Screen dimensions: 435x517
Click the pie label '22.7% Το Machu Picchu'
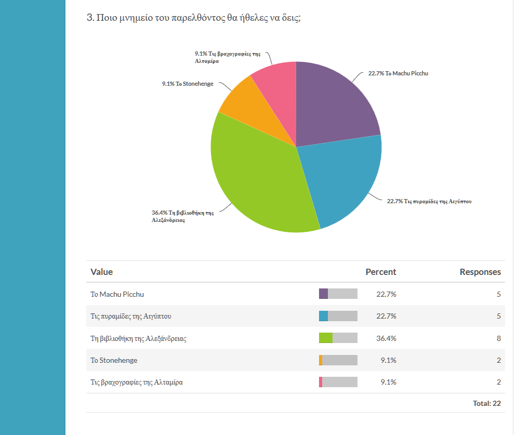click(398, 73)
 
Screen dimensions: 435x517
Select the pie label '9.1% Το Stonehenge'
click(188, 84)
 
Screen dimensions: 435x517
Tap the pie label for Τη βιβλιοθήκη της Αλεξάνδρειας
click(183, 216)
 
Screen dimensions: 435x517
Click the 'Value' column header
click(101, 272)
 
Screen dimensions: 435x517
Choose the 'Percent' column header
click(380, 272)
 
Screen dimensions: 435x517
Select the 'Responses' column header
click(480, 272)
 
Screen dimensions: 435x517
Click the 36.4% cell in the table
click(386, 338)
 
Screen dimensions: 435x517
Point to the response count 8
click(498, 338)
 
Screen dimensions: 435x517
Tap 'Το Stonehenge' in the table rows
click(114, 360)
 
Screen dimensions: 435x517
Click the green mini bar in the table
click(325, 338)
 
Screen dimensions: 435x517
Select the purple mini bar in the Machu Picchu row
click(323, 294)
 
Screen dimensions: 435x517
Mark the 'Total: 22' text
click(487, 403)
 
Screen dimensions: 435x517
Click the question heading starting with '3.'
click(193, 17)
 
